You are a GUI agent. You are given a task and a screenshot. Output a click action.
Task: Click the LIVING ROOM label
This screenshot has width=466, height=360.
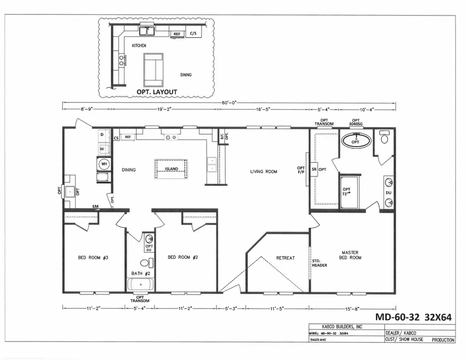tap(263, 172)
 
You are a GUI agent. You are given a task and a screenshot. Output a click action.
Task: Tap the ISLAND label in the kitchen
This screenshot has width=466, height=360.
tap(172, 169)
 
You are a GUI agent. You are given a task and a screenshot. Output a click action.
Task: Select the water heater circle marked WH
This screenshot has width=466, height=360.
tap(104, 164)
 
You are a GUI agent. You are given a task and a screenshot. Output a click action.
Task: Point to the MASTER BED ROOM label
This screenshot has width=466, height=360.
tap(350, 255)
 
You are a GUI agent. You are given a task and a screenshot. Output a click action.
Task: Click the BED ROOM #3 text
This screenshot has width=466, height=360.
tap(93, 258)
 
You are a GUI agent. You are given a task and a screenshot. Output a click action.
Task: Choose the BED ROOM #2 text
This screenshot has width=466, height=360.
tap(183, 257)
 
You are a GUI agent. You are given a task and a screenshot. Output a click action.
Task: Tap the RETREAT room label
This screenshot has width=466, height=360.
tap(285, 258)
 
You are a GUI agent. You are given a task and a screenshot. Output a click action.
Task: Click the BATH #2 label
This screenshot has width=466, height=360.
tap(141, 274)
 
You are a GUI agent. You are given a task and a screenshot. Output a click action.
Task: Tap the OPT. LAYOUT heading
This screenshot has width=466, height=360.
tap(157, 92)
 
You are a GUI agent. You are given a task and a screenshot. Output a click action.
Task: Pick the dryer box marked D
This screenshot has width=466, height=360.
tap(102, 135)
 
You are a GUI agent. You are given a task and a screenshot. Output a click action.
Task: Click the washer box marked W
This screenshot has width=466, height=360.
tap(102, 148)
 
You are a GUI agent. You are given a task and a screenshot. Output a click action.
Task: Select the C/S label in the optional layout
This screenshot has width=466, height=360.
tap(193, 33)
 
